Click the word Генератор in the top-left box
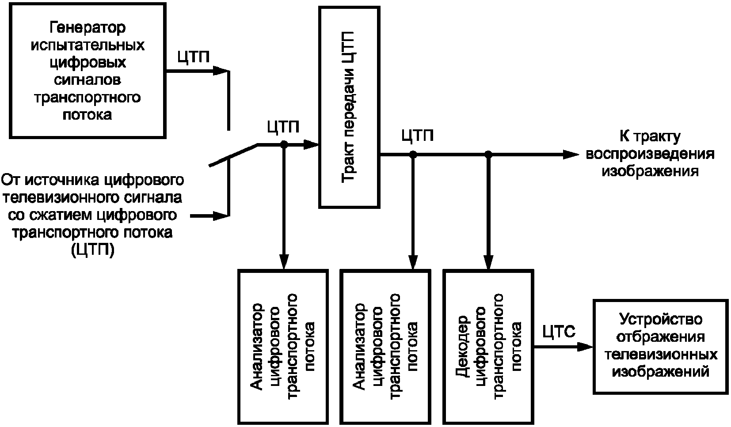[x=87, y=28]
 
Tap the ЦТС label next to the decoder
[x=559, y=332]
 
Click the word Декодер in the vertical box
[x=461, y=347]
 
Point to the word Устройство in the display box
[x=661, y=319]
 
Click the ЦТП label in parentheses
[x=93, y=250]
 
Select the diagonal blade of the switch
[x=233, y=155]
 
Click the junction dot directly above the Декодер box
[x=488, y=155]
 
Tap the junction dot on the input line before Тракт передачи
[x=284, y=144]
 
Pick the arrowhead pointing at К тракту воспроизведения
[x=571, y=155]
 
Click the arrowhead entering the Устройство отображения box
[x=585, y=347]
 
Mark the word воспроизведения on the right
[x=650, y=154]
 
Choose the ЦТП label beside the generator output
[x=194, y=57]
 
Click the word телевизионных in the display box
[x=661, y=354]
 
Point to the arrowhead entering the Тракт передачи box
[x=311, y=144]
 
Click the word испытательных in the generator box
[x=88, y=45]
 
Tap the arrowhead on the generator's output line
[x=220, y=71]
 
